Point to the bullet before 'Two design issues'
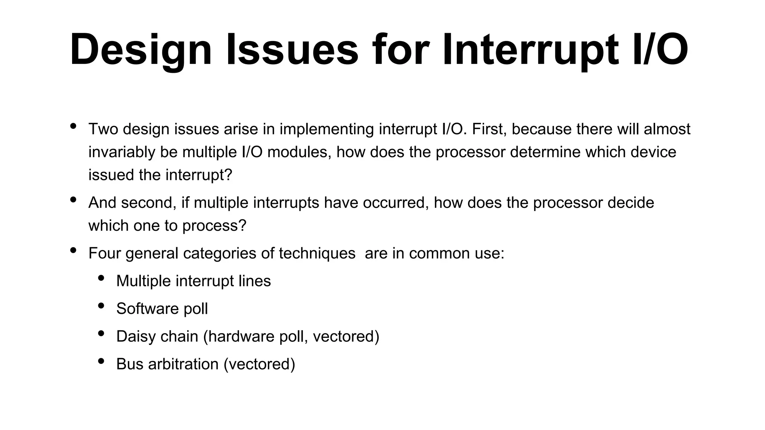coord(73,126)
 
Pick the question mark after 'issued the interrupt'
coord(228,175)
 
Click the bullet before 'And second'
coord(73,200)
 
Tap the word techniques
coord(317,253)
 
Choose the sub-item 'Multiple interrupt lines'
coord(193,281)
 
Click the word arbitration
coord(183,364)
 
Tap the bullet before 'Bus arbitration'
coord(101,361)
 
